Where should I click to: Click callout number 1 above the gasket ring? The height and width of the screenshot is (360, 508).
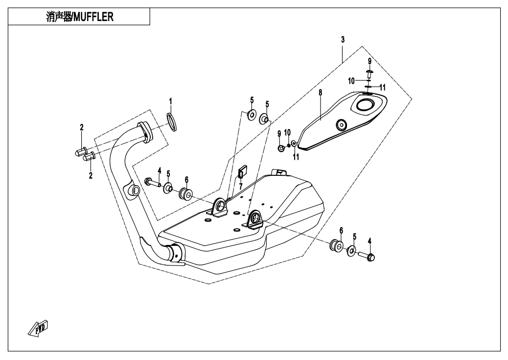coord(170,101)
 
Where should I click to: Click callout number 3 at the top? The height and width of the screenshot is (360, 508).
coord(343,39)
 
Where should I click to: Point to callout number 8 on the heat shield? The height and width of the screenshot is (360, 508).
coord(320,92)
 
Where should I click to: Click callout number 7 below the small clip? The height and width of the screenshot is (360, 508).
coord(241,187)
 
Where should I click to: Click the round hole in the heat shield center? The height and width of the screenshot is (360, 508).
coord(341,124)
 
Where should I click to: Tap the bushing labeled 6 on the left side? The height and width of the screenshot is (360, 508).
coord(186,194)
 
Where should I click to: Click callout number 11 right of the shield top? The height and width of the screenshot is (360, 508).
coord(383,87)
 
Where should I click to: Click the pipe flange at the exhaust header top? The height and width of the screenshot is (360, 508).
coord(144,131)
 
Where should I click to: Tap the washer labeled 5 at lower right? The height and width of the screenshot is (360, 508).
coord(352,252)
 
